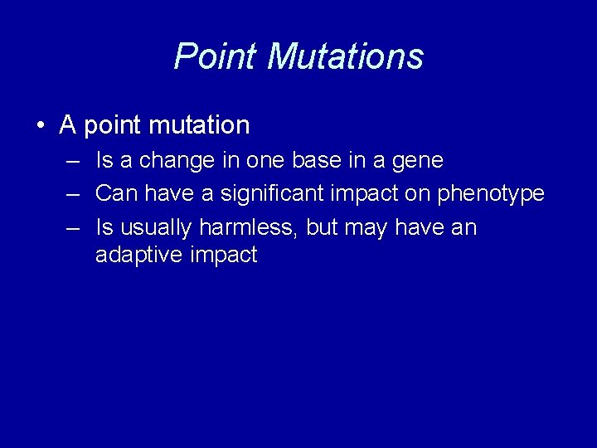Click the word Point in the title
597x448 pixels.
(216, 56)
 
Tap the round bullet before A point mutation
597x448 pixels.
(41, 126)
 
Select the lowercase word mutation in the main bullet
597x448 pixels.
(200, 125)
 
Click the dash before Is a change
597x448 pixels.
(73, 159)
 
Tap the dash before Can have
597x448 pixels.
(73, 193)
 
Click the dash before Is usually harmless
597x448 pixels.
(73, 227)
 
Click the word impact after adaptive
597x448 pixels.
(224, 256)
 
